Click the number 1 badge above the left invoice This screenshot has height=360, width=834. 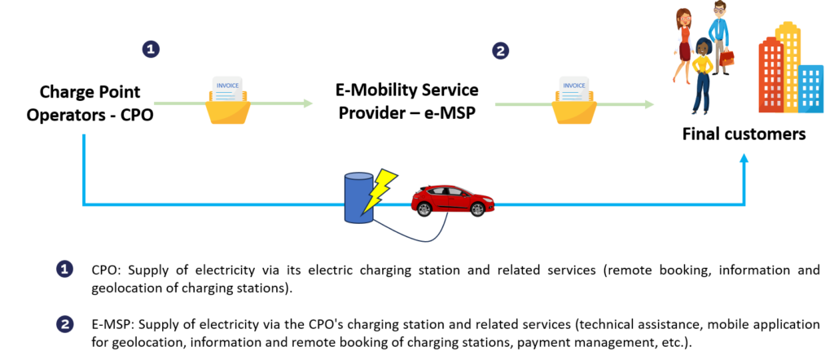point(151,49)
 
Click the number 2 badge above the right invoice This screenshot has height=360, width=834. point(500,50)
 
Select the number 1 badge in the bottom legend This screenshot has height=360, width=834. point(64,269)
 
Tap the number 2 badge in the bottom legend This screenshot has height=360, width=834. point(64,324)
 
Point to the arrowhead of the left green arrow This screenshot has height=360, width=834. point(308,103)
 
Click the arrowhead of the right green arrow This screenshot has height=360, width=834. point(649,104)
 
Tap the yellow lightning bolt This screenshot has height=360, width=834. point(380,189)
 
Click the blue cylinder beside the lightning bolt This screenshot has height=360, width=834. point(358,198)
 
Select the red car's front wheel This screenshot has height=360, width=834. point(477,209)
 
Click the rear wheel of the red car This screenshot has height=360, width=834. point(424,209)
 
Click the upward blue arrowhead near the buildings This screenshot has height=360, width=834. point(744,158)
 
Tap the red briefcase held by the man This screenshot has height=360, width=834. point(726,59)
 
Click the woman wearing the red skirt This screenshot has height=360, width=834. point(683,45)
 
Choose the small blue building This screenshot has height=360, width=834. point(811,88)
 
